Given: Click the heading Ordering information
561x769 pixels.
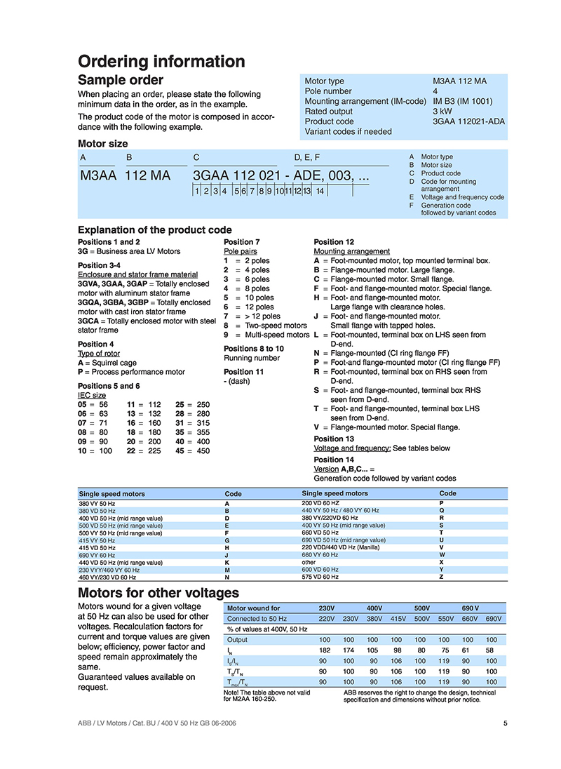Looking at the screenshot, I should [161, 62].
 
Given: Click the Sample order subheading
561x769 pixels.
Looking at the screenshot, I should [120, 80].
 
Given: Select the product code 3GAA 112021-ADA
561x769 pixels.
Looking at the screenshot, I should [468, 121].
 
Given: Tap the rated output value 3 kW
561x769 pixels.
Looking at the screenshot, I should [442, 111].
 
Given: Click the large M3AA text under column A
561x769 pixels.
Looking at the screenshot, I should [97, 176].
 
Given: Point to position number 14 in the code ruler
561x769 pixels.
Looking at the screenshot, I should [320, 191].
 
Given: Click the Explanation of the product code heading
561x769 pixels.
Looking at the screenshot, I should [154, 229].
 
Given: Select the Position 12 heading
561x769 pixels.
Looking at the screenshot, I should [334, 242].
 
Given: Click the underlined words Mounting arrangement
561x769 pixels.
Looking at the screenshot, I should [351, 251].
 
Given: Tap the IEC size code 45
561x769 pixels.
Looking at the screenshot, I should [180, 451].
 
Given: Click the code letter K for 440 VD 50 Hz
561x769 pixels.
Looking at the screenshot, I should [227, 563].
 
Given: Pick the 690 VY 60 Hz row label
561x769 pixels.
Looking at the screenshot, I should [97, 555].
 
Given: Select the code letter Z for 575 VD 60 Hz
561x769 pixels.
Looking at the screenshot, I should [441, 577].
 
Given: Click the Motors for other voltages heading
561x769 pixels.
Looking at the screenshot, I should [158, 594].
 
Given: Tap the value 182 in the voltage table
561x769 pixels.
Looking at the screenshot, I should [325, 650].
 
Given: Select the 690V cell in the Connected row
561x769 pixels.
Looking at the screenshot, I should [494, 619].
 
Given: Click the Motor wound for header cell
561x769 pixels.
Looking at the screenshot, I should [254, 608].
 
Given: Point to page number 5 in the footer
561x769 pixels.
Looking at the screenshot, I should [505, 724].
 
